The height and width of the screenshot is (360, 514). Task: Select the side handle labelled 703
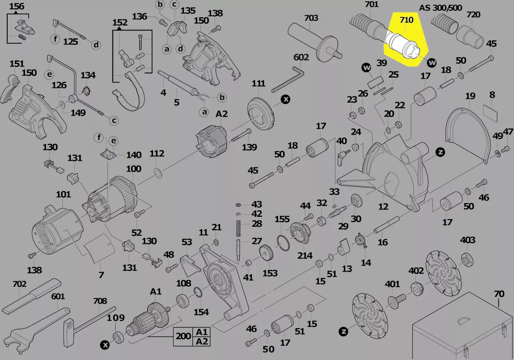316,42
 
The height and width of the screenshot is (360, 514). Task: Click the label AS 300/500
440,8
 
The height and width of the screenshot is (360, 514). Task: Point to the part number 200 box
183,336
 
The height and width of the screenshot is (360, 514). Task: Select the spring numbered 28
239,228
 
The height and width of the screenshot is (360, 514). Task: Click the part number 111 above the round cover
258,84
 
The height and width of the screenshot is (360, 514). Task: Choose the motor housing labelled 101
56,232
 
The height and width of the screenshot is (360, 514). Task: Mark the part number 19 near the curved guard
470,96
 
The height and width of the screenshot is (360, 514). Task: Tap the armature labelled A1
148,320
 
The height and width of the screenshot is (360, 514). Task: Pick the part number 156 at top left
16,6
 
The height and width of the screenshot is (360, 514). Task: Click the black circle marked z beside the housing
440,152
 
